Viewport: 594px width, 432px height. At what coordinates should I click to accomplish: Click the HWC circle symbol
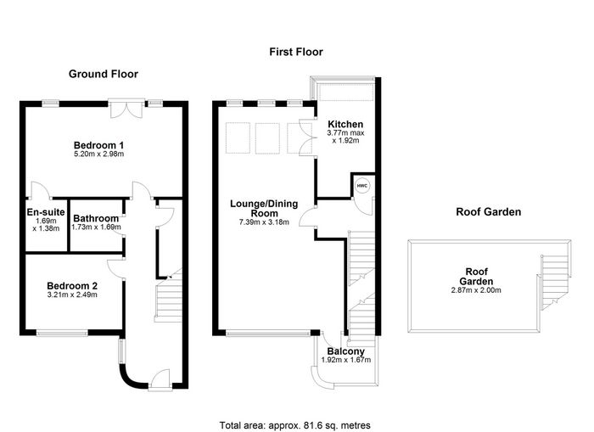(362, 186)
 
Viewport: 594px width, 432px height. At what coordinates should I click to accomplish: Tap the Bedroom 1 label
(98, 145)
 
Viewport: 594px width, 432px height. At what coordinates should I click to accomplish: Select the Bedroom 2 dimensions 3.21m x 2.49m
(72, 295)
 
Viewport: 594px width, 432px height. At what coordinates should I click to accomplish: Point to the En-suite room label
(46, 212)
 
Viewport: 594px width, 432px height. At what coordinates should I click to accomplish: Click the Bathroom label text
(96, 218)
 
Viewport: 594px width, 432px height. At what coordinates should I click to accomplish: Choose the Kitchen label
(345, 124)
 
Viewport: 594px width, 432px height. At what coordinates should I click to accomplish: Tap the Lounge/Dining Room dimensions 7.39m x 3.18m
(264, 222)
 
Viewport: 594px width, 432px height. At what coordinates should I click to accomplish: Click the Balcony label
(346, 351)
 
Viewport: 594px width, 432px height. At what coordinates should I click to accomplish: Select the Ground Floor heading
(104, 74)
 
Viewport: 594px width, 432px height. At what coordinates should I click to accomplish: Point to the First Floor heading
(296, 52)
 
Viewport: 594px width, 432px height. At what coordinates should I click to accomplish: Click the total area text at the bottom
(294, 425)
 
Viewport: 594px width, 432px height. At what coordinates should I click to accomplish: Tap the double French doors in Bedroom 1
(126, 109)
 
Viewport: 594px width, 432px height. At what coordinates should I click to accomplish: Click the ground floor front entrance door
(160, 379)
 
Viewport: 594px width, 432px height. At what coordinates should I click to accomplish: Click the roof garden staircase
(554, 283)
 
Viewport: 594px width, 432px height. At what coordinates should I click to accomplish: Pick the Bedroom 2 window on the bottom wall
(62, 333)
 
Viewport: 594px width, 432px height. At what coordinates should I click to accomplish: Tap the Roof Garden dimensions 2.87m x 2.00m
(476, 290)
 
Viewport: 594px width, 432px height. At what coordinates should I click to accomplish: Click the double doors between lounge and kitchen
(307, 137)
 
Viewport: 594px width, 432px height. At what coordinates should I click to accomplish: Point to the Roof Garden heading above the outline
(488, 212)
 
